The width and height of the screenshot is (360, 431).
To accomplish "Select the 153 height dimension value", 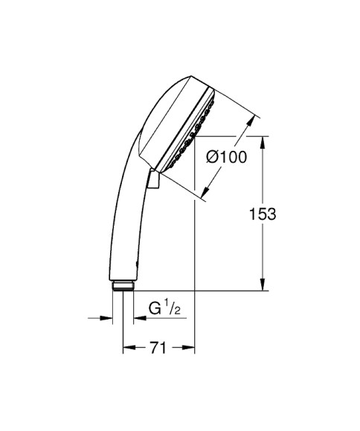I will click(263, 214).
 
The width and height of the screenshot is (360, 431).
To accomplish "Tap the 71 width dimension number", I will click(156, 347).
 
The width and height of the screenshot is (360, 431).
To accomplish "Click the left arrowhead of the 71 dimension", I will click(128, 347).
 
